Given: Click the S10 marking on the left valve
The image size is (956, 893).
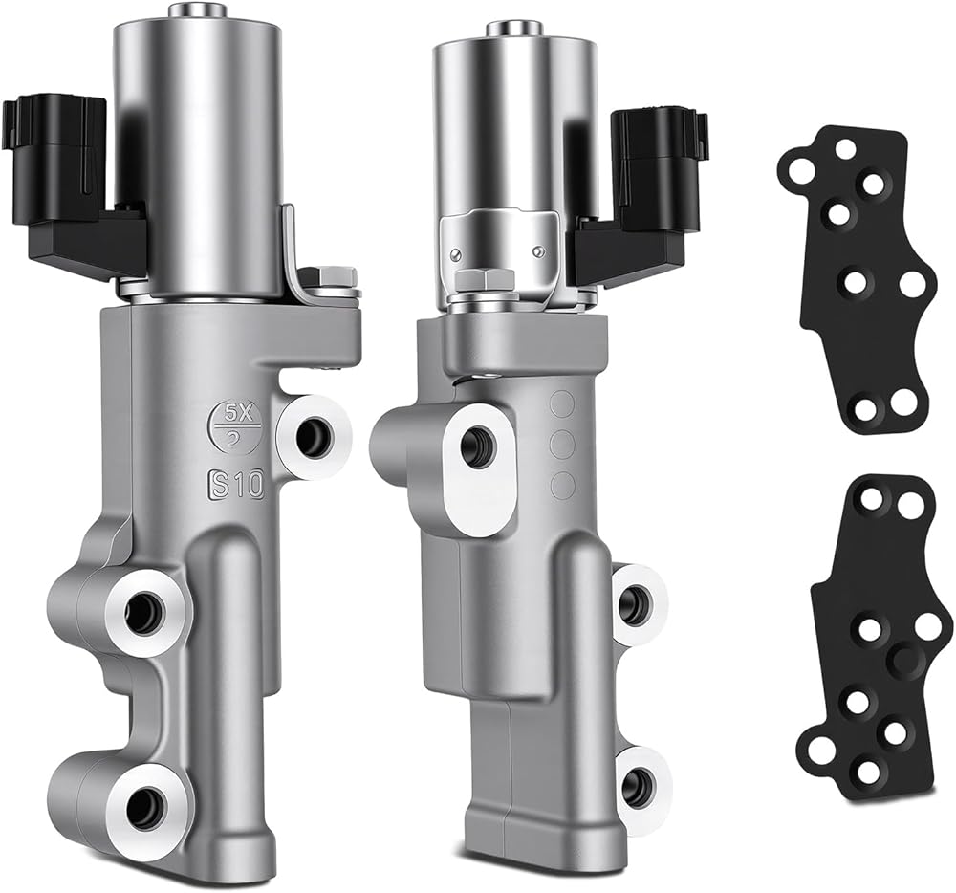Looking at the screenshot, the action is click(x=235, y=484).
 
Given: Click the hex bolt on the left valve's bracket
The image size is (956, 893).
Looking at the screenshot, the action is click(x=331, y=279).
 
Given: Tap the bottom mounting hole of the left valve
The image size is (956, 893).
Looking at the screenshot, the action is click(x=147, y=805).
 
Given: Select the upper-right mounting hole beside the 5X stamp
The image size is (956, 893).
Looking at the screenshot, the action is click(x=314, y=434).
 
